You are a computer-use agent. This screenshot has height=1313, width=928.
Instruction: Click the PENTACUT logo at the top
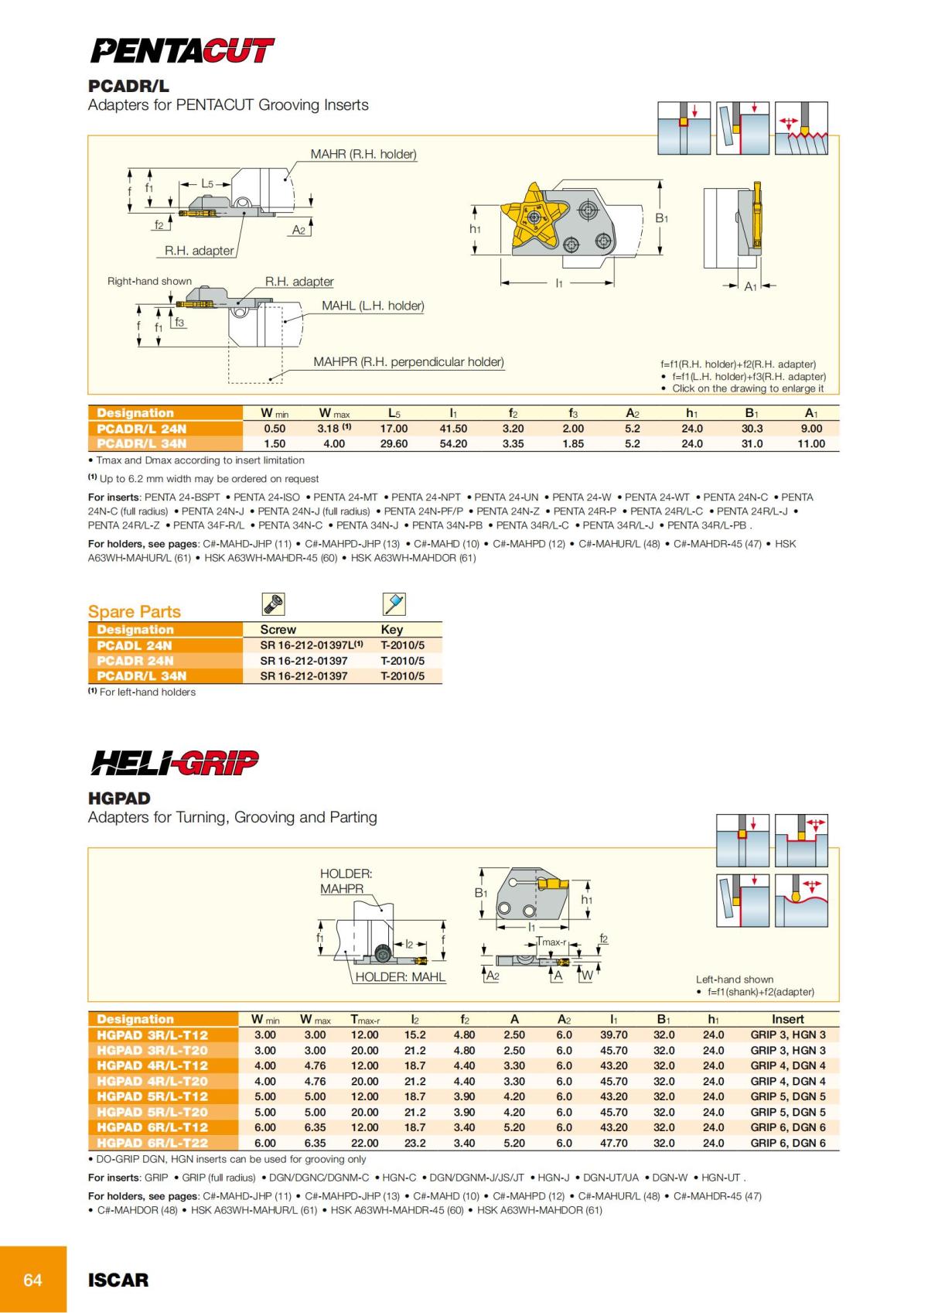[183, 51]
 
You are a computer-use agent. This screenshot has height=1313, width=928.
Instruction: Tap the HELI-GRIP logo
[175, 763]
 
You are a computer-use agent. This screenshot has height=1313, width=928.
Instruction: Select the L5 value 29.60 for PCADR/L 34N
[394, 444]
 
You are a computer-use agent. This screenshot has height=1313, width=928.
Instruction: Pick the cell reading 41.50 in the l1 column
[453, 429]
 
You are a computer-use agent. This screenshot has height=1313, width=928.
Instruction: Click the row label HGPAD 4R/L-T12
[152, 1065]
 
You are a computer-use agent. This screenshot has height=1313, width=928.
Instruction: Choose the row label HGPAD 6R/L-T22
[152, 1143]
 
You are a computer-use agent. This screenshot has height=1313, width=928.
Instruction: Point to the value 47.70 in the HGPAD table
[614, 1143]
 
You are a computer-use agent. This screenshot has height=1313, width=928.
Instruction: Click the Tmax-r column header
[365, 1020]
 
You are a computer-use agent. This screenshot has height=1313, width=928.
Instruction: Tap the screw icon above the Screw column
[274, 604]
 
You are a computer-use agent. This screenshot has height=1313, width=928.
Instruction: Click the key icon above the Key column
[394, 604]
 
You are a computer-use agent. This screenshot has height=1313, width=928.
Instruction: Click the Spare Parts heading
[135, 611]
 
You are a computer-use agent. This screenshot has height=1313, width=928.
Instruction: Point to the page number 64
[32, 1280]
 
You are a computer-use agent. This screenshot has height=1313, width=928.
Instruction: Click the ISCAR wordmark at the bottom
[118, 1280]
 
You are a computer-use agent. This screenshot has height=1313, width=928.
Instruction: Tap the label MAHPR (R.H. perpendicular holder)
[408, 362]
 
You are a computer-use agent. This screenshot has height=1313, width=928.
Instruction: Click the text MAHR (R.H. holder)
[363, 154]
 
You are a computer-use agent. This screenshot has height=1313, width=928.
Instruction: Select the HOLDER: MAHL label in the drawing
[401, 977]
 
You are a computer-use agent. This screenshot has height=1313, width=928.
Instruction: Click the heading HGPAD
[119, 798]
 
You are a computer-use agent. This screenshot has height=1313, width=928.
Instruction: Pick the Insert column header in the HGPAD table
[787, 1020]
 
